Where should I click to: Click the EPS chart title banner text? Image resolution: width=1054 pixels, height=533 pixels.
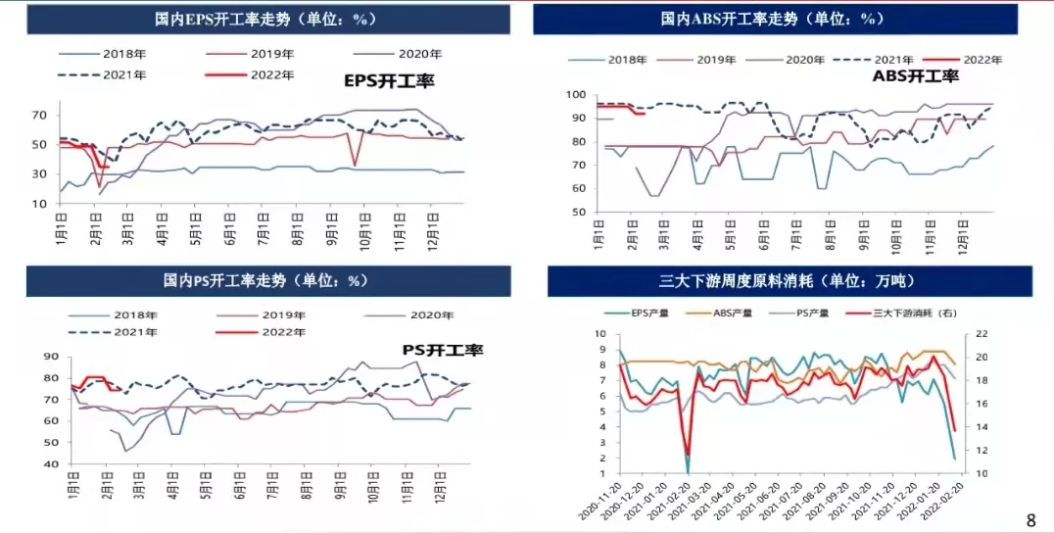[266, 19]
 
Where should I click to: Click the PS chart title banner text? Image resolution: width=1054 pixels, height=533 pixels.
[266, 280]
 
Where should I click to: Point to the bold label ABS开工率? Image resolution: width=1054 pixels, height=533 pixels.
[915, 75]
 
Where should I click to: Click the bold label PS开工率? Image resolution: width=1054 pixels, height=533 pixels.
[443, 349]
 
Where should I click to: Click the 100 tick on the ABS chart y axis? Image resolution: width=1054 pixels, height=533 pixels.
[576, 95]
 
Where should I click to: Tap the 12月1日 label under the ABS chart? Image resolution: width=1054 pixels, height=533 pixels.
[963, 239]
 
